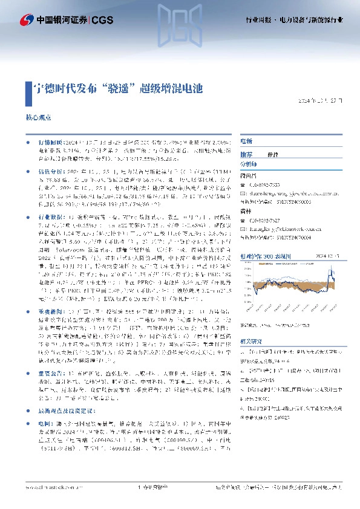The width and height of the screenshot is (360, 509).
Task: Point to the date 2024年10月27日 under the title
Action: [x=325, y=100]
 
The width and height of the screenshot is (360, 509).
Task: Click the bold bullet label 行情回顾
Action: [x=50, y=139]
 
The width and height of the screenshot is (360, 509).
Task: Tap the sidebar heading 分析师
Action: [x=249, y=164]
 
